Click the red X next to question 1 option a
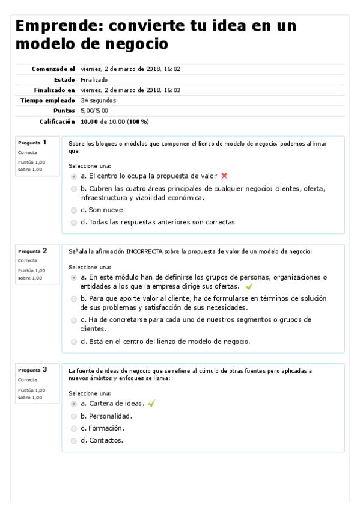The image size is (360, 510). coord(224,176)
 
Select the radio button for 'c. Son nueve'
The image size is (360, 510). coord(74,210)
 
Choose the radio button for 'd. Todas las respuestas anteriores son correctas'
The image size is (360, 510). coord(74,222)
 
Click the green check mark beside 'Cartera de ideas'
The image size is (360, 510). coord(151,404)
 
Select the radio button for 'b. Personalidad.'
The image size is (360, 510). coord(74,416)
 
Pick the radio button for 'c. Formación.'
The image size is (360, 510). coord(74,428)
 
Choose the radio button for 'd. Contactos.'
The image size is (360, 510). coord(74,440)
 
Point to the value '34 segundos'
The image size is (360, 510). coord(98,100)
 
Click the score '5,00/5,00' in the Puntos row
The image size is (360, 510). coord(94,111)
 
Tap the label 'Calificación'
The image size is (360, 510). coord(57,121)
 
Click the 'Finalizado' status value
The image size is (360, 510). coord(94,79)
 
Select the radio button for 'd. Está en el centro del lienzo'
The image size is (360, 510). coord(74,342)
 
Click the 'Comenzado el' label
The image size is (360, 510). coord(53,69)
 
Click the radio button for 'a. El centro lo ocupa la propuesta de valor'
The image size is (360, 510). coord(74,177)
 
